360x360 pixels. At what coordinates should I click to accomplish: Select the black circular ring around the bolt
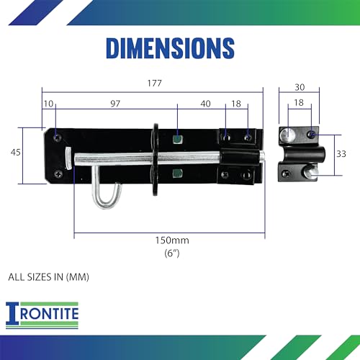(x=153, y=156)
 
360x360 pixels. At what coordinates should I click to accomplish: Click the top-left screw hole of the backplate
(x=57, y=135)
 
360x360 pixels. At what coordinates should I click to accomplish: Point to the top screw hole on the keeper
(x=310, y=135)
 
